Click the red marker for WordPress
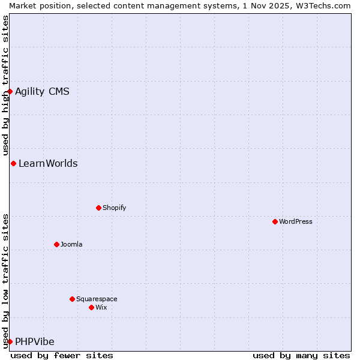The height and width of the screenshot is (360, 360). click(275, 221)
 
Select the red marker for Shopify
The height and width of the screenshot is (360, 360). click(98, 208)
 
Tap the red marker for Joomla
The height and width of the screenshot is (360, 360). click(56, 244)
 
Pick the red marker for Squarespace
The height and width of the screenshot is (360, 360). click(72, 299)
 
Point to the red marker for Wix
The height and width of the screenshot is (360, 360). click(91, 307)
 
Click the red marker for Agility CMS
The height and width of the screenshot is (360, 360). click(10, 91)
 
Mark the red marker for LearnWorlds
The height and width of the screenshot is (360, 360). click(13, 163)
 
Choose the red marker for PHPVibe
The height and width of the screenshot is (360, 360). click(10, 341)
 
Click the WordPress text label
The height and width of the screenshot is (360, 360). click(296, 221)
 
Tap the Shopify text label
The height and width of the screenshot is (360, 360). click(115, 208)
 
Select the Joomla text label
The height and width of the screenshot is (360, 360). click(71, 244)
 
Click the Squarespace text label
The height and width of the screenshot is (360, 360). click(97, 299)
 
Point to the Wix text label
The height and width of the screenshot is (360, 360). click(101, 307)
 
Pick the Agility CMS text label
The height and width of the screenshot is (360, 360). click(42, 91)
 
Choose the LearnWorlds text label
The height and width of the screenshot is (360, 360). click(48, 163)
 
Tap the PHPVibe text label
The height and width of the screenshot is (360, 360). click(35, 341)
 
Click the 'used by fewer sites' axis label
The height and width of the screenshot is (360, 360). click(62, 355)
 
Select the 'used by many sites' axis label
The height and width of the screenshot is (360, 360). click(301, 355)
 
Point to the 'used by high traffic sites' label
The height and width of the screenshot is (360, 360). click(5, 86)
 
